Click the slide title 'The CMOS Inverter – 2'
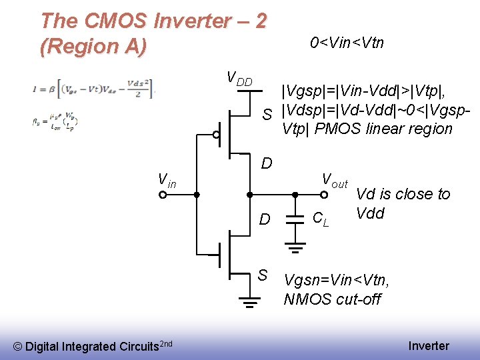pyautogui.click(x=153, y=21)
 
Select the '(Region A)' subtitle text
pyautogui.click(x=93, y=47)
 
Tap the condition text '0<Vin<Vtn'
pyautogui.click(x=347, y=43)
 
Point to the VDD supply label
pyautogui.click(x=239, y=79)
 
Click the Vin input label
pyautogui.click(x=166, y=179)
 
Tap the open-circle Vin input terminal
pyautogui.click(x=163, y=195)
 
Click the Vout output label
pyautogui.click(x=335, y=180)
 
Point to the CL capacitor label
pyautogui.click(x=321, y=219)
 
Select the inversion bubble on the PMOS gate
pyautogui.click(x=216, y=134)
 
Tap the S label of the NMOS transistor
pyautogui.click(x=263, y=275)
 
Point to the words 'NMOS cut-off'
pyautogui.click(x=332, y=299)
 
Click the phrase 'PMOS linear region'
pyautogui.click(x=387, y=129)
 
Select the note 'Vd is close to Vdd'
pyautogui.click(x=403, y=203)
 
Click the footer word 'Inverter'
pyautogui.click(x=429, y=345)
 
